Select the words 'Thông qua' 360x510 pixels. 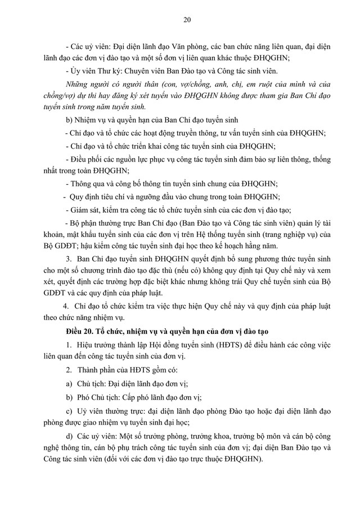pos(89,184)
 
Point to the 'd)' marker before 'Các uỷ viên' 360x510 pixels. pos(69,437)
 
